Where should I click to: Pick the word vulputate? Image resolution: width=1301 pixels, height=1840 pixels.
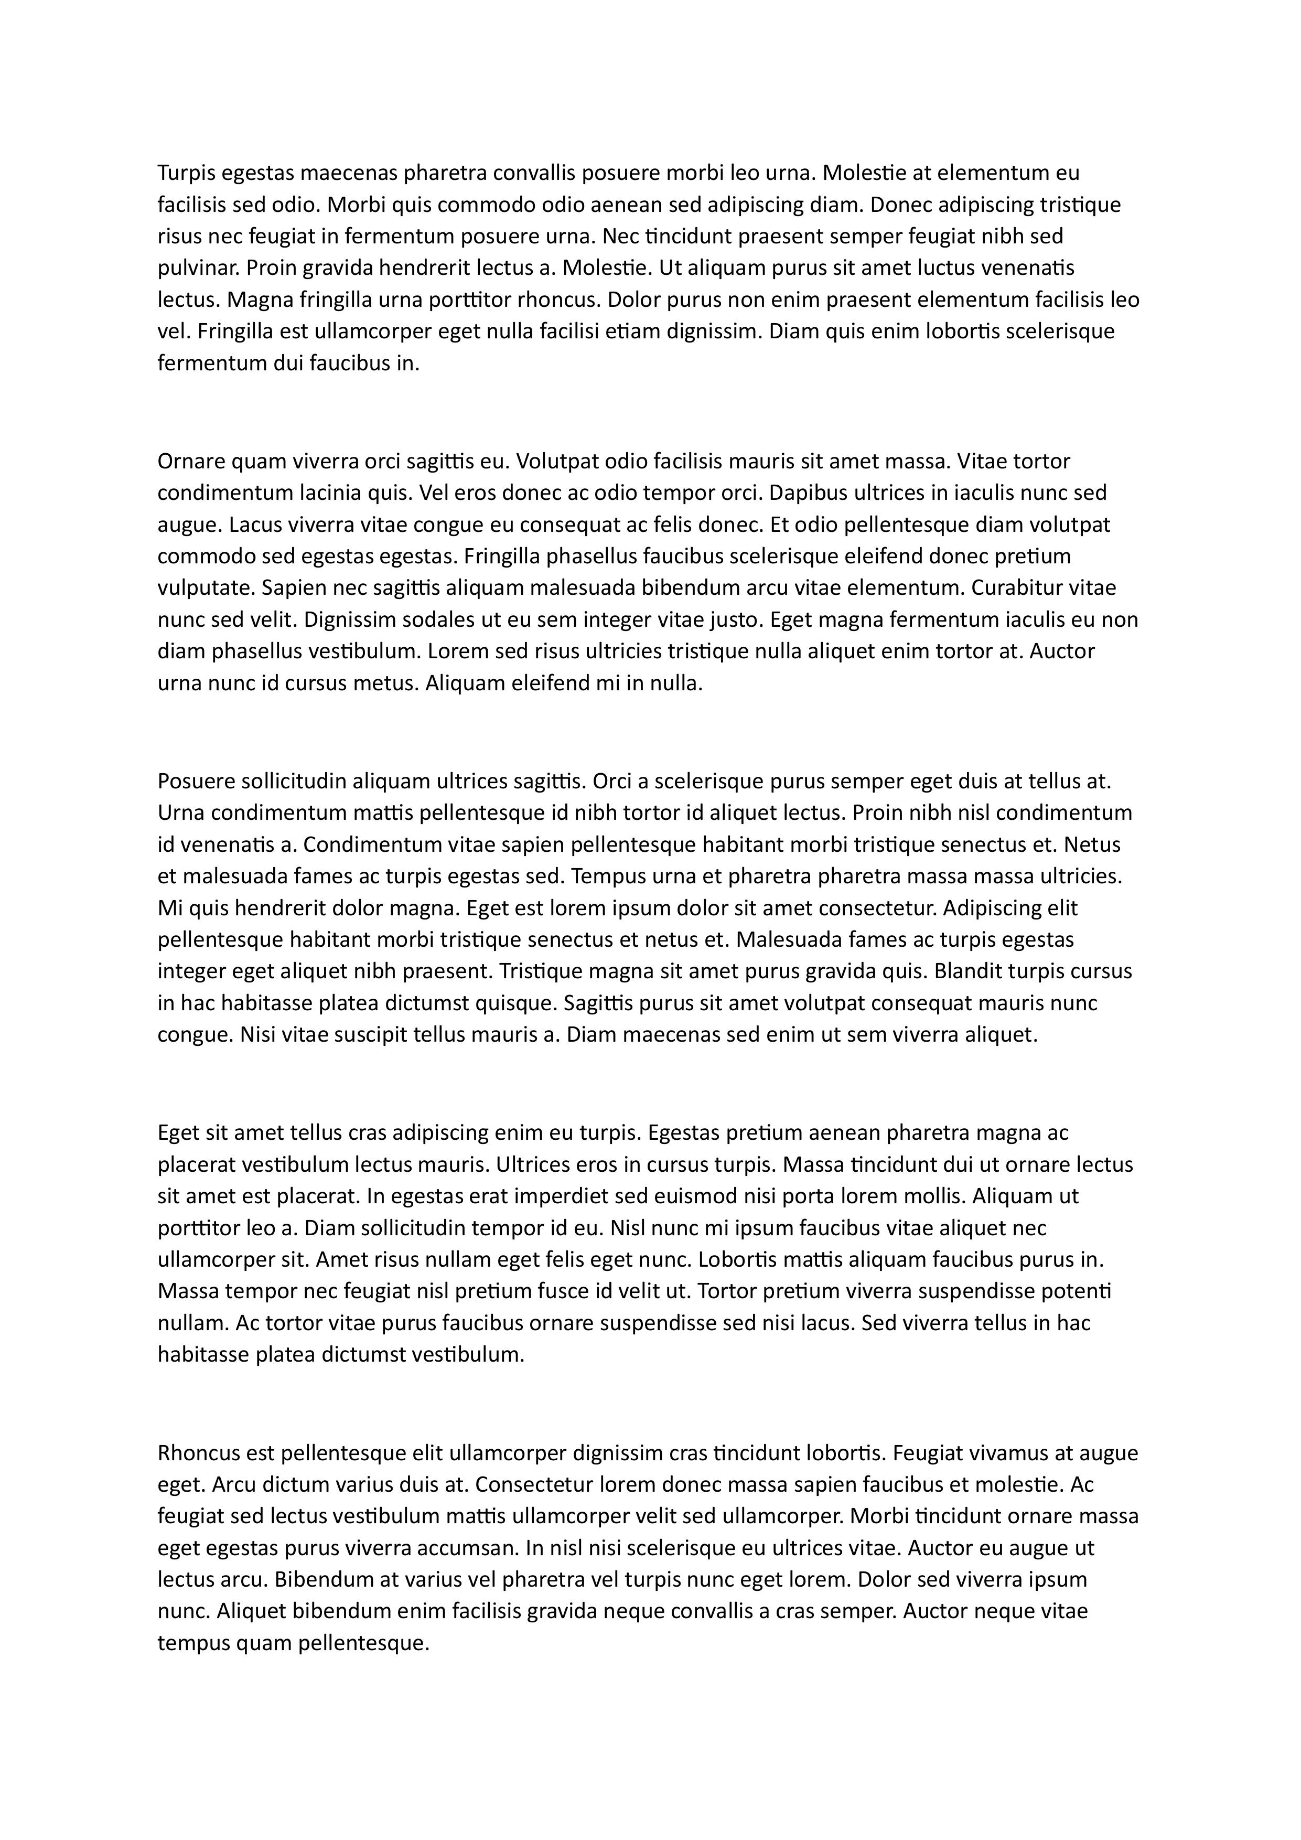click(206, 588)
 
